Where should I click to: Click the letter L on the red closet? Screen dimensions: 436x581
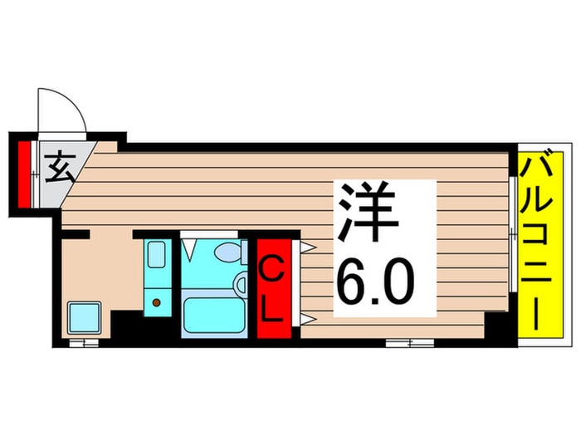click(272, 309)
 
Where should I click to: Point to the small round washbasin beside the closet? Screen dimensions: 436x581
click(242, 285)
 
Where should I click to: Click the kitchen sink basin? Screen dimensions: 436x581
click(157, 255)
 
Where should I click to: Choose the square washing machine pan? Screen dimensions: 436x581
click(84, 318)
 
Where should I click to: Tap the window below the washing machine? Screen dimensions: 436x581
click(83, 341)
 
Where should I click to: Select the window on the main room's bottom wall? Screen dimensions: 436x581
click(409, 341)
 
